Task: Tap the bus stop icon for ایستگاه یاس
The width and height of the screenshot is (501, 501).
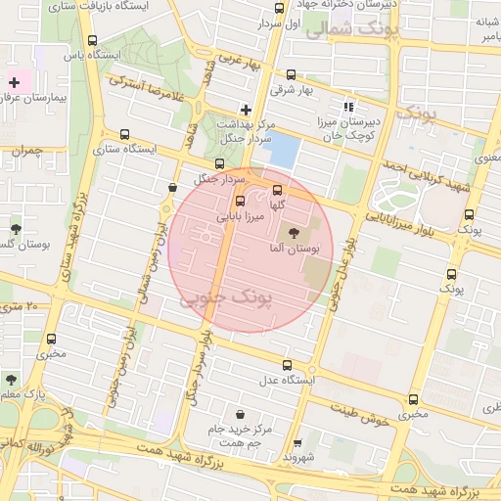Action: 93,41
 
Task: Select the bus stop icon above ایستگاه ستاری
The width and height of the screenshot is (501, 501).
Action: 124,135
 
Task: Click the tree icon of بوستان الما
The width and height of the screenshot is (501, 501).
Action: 296,232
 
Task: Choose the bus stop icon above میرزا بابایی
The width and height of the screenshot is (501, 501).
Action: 241,201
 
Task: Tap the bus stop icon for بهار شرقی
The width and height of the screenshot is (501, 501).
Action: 292,74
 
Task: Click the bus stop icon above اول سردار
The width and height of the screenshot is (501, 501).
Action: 279,8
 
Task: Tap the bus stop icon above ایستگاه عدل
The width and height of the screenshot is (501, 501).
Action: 286,362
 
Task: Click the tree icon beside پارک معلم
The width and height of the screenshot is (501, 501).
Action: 11,379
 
